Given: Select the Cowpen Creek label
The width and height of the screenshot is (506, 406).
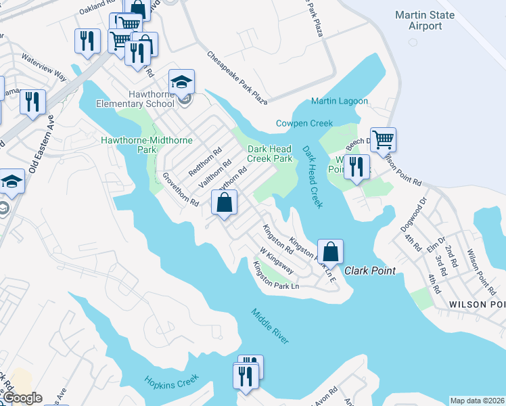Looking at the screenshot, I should coord(304,123).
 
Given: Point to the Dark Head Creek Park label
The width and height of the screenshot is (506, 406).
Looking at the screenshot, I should coord(269,154).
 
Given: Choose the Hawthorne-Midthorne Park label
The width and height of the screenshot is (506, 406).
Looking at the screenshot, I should coord(146,144).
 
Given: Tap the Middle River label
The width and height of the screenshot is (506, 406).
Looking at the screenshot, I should coord(270,326).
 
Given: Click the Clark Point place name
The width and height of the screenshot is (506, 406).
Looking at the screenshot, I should coord(370,271).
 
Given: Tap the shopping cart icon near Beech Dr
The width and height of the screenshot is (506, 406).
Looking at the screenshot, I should coord(383,139).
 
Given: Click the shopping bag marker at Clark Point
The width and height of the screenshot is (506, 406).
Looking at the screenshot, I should coord(330,252).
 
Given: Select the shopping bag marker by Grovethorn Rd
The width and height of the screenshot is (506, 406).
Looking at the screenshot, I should coord(225,202).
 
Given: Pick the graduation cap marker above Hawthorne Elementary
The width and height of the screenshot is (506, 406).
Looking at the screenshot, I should coord(181,82).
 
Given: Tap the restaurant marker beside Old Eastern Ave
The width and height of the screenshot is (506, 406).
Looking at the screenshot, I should coord(32,102).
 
